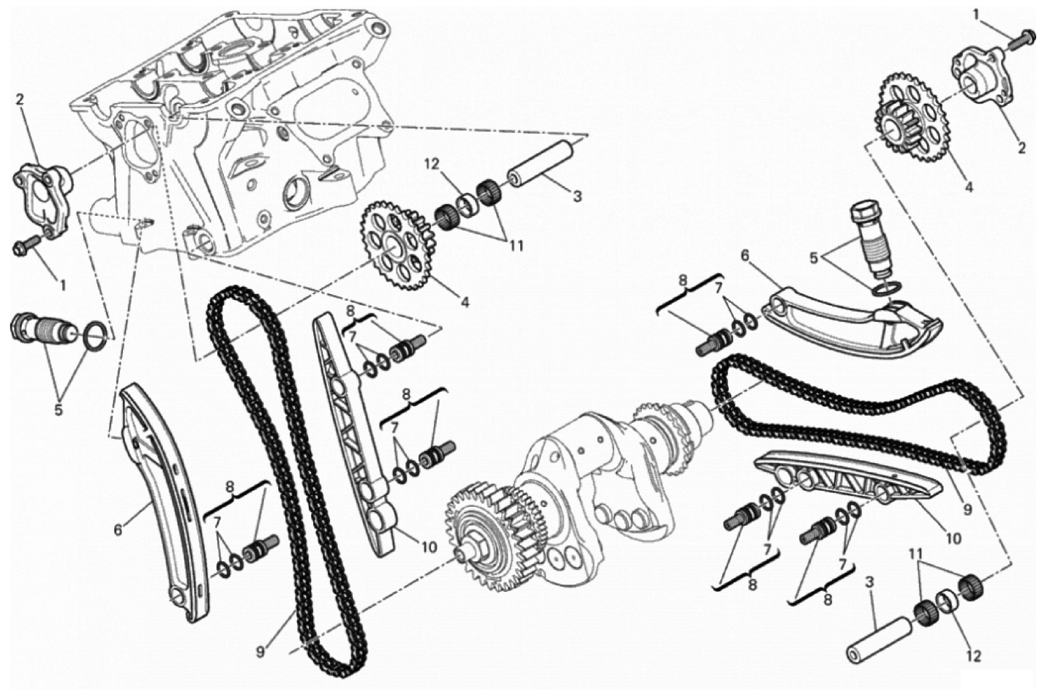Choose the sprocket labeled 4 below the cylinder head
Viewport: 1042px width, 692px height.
click(398, 245)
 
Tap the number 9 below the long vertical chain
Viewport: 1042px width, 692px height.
click(260, 652)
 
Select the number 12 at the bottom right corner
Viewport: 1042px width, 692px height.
click(973, 656)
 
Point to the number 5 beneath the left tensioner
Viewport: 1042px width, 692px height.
click(59, 410)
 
